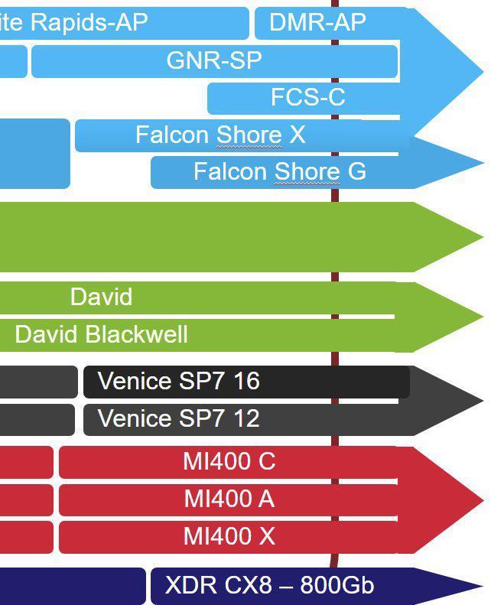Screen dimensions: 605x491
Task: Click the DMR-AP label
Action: (x=317, y=22)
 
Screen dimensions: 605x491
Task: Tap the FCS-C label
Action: (x=307, y=97)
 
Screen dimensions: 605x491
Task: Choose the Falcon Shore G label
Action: (x=279, y=171)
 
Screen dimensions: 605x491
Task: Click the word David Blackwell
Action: (x=101, y=334)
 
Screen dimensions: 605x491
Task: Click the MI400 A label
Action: (x=229, y=499)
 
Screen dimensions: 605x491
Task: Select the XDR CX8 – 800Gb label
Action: (x=269, y=586)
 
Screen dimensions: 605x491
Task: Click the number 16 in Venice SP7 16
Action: (x=246, y=381)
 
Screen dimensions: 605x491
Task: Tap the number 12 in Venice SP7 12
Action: (x=246, y=419)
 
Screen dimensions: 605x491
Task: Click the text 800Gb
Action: (x=337, y=586)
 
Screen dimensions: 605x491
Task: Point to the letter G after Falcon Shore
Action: (x=356, y=171)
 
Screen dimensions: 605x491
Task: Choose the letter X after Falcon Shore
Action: (x=297, y=135)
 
